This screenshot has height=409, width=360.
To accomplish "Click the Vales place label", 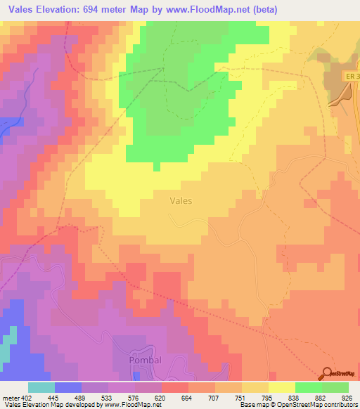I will coord(181,200).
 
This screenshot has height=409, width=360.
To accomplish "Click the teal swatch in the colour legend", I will coord(41,387).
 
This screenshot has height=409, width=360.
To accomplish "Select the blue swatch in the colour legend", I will coord(68,387).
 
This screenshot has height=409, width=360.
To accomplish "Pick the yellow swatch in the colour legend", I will coord(282,387).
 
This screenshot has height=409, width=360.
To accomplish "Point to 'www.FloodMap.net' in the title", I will coord(217,10).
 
